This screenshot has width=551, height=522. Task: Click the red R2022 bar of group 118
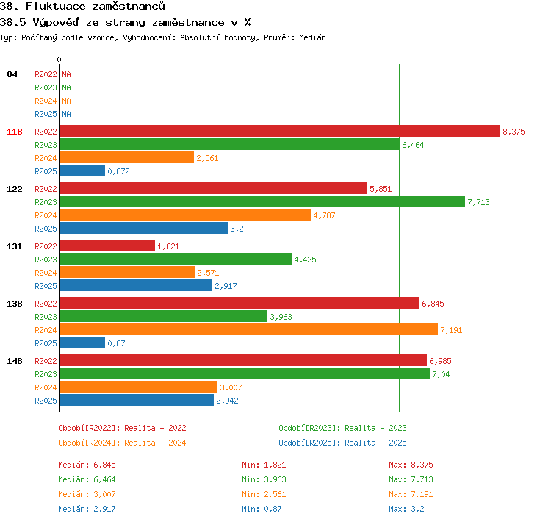click(x=280, y=131)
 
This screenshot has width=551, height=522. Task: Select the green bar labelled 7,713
click(x=262, y=201)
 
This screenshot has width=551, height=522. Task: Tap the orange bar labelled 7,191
click(x=249, y=329)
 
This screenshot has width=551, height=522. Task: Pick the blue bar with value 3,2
click(x=144, y=228)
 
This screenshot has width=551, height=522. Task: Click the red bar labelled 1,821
click(x=107, y=246)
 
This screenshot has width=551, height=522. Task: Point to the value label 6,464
click(x=413, y=145)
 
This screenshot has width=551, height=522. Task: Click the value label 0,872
click(x=118, y=171)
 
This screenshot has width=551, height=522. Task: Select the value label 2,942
click(x=227, y=401)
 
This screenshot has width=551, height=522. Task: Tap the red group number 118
click(x=15, y=132)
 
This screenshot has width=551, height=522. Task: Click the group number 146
click(x=15, y=361)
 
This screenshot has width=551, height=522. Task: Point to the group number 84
click(x=12, y=74)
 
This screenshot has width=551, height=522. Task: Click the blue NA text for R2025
click(x=66, y=114)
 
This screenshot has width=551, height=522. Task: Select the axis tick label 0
click(x=59, y=60)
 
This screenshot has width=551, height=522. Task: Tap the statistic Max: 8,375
click(x=411, y=465)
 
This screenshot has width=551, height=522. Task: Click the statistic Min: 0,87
click(x=262, y=509)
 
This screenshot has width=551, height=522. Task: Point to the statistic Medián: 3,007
click(x=87, y=494)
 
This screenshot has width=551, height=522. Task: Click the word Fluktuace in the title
click(x=56, y=6)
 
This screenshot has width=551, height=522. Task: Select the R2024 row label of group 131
click(x=46, y=273)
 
